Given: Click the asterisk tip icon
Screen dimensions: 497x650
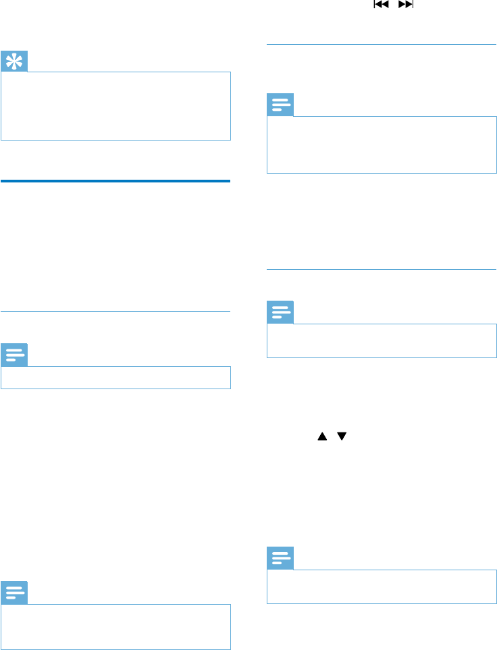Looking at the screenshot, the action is click(14, 61).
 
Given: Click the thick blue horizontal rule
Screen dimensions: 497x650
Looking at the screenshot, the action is click(116, 181).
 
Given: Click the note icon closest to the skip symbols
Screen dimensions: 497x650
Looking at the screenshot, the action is click(281, 105).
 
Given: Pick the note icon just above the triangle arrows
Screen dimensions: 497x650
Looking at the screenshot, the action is click(281, 313).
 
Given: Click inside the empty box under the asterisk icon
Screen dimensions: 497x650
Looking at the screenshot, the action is click(116, 106).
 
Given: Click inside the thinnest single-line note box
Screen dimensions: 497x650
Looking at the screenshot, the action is click(116, 378).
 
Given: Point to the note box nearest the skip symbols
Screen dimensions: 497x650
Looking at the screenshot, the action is click(382, 145).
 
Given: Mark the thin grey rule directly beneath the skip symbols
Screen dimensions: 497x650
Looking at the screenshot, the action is click(382, 45).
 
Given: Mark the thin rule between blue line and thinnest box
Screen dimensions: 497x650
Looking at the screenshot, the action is click(116, 311).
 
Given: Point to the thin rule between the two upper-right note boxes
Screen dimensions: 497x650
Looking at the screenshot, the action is click(382, 269).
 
